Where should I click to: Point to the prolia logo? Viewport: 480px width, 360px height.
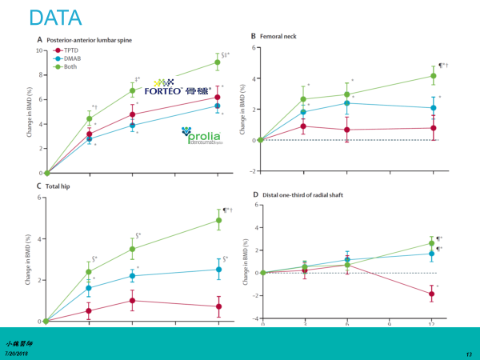coord(202,138)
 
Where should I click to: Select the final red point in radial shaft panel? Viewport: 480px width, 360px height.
coord(433,294)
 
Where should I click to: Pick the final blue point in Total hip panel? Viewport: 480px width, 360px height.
coord(218,270)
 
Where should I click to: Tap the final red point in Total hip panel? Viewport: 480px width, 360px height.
coord(218,306)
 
